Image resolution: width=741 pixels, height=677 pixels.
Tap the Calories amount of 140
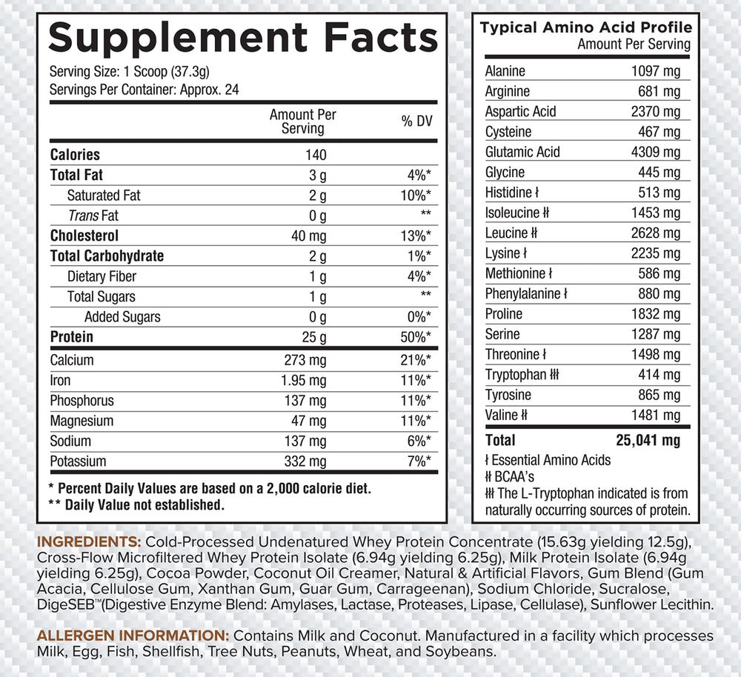point(315,155)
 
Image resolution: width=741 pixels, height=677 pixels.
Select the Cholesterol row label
point(84,236)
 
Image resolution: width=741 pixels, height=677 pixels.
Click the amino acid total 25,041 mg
point(648,441)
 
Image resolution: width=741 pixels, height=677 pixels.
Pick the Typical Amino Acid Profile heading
point(586,28)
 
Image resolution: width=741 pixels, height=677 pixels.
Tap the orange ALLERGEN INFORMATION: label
point(133,636)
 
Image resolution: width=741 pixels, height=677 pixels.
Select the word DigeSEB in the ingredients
point(63,605)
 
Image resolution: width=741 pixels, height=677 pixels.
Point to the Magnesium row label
point(82,421)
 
